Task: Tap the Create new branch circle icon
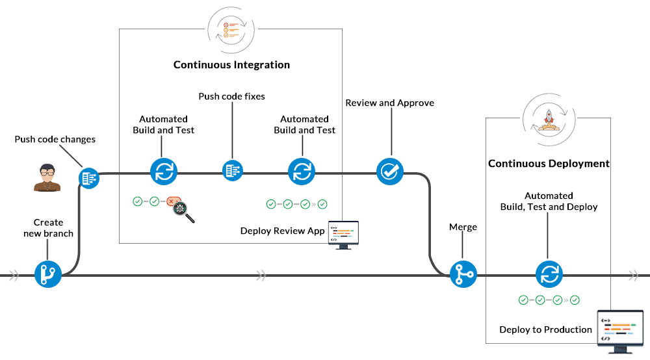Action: coord(47,274)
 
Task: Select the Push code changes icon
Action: coord(89,177)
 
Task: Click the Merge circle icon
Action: coord(463,274)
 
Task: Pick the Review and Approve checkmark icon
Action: coord(390,172)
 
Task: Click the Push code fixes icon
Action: coord(232,171)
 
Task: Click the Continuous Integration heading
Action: coord(231,65)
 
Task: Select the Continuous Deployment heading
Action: coord(549,164)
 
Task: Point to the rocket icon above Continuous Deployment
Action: coord(548,119)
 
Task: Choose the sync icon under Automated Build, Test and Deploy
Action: coord(548,274)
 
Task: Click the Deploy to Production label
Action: coord(545,329)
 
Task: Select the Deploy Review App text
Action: coord(282,231)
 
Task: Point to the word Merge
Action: coord(463,227)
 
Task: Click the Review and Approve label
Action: coord(389,103)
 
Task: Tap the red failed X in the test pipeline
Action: coord(171,202)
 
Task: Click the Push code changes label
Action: coord(55,139)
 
